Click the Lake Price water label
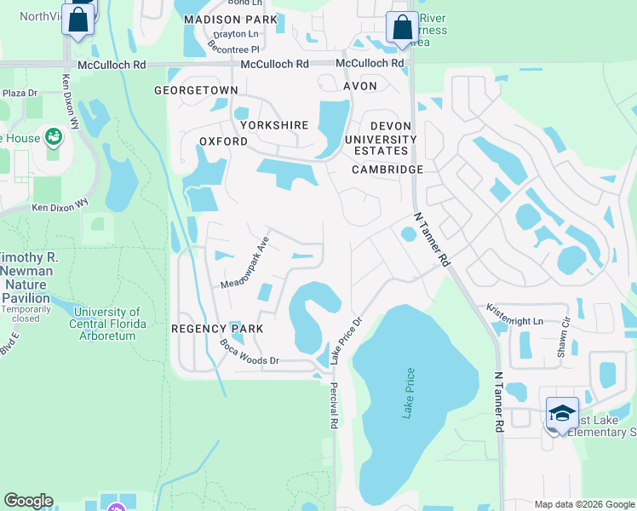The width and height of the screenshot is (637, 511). click(410, 392)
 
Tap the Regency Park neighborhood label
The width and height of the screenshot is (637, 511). click(216, 328)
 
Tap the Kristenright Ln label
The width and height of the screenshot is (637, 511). click(514, 314)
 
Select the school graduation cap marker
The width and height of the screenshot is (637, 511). click(562, 413)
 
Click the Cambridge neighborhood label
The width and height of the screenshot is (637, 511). click(388, 169)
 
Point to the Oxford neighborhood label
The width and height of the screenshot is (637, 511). click(223, 141)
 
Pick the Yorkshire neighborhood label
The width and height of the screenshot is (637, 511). click(273, 124)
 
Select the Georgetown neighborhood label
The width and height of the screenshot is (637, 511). click(196, 89)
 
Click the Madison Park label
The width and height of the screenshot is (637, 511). click(230, 19)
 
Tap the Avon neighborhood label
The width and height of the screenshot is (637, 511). click(359, 86)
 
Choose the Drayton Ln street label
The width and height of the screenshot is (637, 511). click(236, 34)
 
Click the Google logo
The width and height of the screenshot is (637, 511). click(29, 501)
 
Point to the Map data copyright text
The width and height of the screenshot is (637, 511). click(583, 504)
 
